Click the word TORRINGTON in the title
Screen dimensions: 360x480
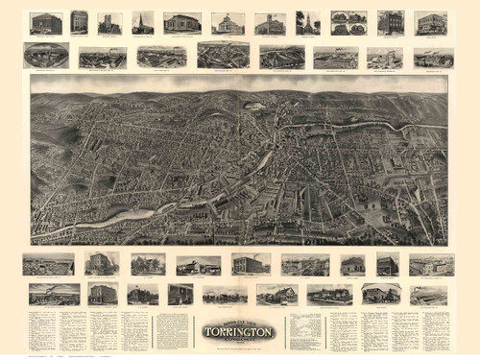(238, 332)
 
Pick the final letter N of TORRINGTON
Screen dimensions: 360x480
(272, 332)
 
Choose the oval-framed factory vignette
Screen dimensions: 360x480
(45, 55)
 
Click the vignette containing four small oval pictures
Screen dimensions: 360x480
(348, 22)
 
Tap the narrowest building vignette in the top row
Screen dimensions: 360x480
(79, 22)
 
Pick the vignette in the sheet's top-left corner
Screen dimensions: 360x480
(45, 22)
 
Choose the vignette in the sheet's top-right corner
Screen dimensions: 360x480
(430, 22)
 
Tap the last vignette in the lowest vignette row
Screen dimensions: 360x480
(429, 295)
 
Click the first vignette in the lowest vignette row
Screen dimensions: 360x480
(54, 294)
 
